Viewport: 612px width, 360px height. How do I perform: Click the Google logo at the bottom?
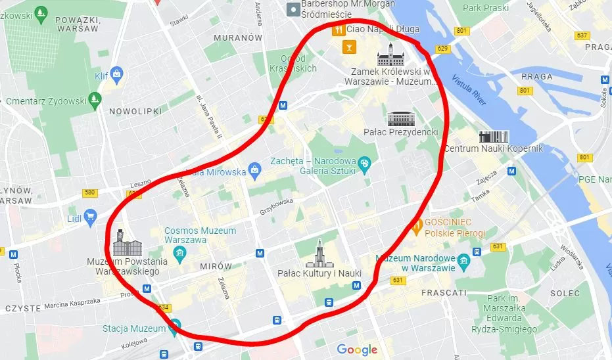(x=358, y=349)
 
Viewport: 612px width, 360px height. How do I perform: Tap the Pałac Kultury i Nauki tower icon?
(x=319, y=253)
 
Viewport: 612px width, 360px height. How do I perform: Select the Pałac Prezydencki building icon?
(x=400, y=118)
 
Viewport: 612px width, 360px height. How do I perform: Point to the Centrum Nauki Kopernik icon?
(x=493, y=137)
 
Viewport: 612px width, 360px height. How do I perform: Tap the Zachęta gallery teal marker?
(x=364, y=162)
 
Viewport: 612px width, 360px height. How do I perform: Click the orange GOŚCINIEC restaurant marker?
(x=417, y=227)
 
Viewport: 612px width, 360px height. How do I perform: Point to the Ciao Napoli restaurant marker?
(x=338, y=30)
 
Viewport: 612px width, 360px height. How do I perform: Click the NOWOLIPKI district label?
(x=135, y=112)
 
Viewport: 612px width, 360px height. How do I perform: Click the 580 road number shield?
(x=90, y=192)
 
